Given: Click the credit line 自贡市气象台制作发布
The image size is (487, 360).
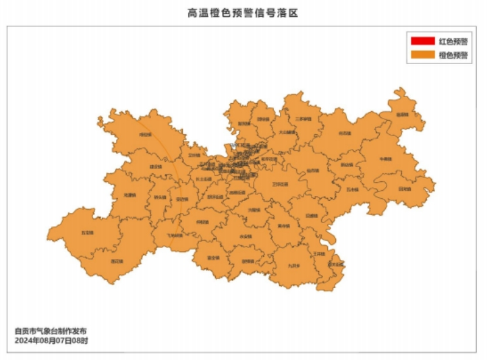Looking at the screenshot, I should coord(51,332).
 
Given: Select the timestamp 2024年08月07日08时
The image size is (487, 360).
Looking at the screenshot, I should coord(51,341).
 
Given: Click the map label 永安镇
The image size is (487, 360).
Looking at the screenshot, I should coord(246,237).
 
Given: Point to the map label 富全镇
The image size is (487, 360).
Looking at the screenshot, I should coord(212,258).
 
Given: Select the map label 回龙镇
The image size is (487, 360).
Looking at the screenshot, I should coord(404,189).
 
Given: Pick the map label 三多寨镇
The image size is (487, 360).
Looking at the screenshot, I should coord(303,119).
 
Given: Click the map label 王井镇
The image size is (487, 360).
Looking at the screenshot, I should coord(319,254).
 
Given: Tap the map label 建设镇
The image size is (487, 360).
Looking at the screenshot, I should coord(156,167).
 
